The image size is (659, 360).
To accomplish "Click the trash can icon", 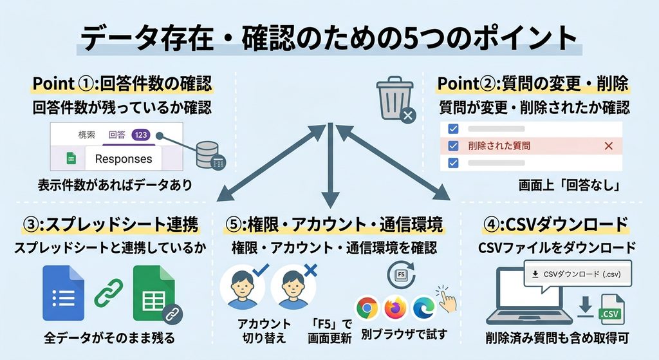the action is click(x=395, y=99).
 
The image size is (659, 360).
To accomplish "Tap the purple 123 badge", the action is click(x=141, y=135).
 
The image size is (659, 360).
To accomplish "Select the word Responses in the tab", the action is click(x=124, y=159).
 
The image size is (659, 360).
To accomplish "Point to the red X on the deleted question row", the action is click(x=608, y=146).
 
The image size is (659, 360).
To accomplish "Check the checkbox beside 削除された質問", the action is click(x=453, y=146).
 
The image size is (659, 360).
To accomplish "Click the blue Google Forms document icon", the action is click(x=64, y=293).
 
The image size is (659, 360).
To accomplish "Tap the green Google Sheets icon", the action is click(x=154, y=293).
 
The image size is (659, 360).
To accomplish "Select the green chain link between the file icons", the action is click(x=109, y=293).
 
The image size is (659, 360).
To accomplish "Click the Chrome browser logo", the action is click(x=367, y=308).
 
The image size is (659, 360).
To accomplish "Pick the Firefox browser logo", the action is click(x=396, y=308).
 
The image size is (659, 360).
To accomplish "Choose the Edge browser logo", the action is click(x=424, y=308).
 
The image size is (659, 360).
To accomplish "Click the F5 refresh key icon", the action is click(x=402, y=274).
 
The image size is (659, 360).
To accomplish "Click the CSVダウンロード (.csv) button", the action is click(x=578, y=274).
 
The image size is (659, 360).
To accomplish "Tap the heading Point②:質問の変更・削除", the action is click(x=533, y=83).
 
